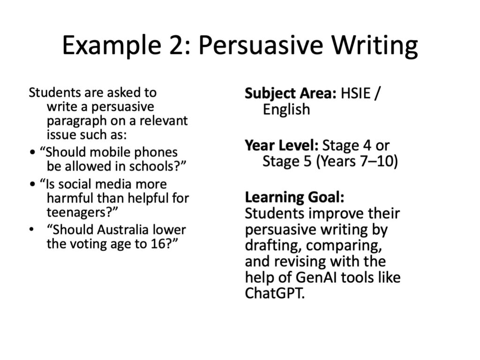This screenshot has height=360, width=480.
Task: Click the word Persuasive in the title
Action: point(261,45)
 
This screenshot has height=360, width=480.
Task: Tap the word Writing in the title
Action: point(375,45)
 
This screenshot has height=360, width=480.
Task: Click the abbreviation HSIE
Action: point(356,93)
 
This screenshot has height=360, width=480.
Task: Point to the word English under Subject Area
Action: point(286,110)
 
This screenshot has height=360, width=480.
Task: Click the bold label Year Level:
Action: point(282,145)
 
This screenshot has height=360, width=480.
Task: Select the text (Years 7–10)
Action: point(357,161)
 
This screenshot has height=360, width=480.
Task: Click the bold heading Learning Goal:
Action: point(294,197)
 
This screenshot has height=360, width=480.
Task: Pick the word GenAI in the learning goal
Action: point(316,277)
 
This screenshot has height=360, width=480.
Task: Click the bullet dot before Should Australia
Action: point(31,230)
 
